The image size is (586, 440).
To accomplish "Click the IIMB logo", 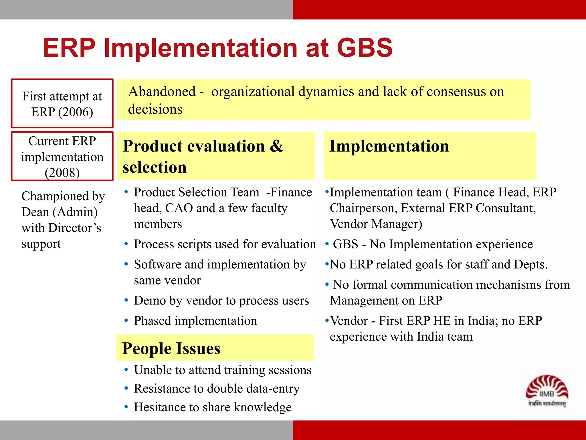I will (x=547, y=391).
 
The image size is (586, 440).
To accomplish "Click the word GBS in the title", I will (x=365, y=48).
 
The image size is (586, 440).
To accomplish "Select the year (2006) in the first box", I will (x=76, y=112).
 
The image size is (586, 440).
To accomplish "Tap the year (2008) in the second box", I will (x=62, y=173).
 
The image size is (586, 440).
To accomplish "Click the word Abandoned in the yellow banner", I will (x=162, y=92).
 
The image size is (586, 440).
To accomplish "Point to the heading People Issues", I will (x=171, y=348).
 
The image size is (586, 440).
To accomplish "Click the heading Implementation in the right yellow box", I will (x=389, y=146).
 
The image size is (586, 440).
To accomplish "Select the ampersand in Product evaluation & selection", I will (x=276, y=146).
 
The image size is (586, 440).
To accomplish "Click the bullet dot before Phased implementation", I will (x=126, y=321).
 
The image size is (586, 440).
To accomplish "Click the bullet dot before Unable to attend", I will (x=126, y=370).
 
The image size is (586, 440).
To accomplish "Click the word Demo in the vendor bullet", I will (x=150, y=301).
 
